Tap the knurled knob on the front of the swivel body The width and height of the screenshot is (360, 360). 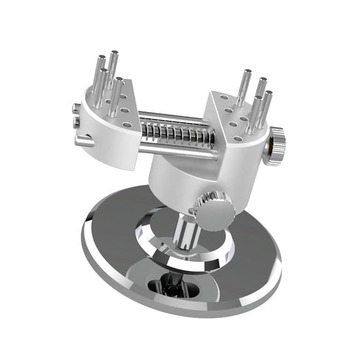pos(214,210)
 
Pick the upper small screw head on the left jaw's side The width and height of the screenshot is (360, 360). pos(76,109)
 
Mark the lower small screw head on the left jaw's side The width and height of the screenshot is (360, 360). pos(76,122)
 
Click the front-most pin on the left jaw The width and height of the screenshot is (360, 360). pos(115,97)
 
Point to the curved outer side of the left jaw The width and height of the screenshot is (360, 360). pos(106,141)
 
